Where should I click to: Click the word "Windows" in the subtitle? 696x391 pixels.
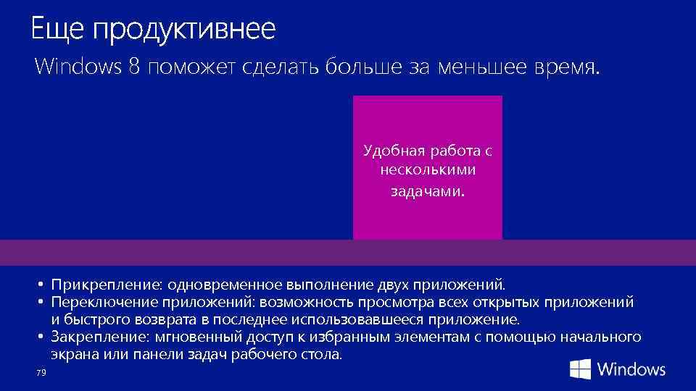(78, 68)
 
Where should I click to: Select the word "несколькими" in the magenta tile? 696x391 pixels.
(427, 171)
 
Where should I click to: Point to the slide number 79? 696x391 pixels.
(40, 372)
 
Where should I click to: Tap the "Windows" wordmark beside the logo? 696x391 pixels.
(631, 369)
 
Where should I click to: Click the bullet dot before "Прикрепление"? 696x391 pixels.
(43, 285)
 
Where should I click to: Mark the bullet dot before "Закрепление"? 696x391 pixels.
(43, 337)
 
